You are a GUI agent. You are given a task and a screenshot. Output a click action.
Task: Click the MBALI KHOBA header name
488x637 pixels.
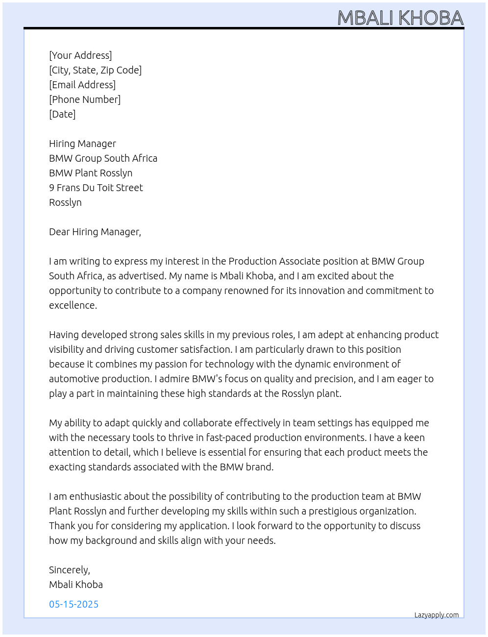point(400,18)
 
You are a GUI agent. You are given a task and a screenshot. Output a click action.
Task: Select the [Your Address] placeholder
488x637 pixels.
point(80,55)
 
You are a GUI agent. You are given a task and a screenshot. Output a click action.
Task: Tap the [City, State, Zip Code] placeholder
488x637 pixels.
point(95,70)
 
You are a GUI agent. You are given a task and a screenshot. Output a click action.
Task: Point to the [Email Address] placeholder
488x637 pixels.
point(82,85)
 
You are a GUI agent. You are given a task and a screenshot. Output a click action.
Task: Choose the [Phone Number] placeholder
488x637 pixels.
point(85,99)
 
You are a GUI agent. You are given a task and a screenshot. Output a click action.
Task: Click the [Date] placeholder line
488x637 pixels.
point(62,114)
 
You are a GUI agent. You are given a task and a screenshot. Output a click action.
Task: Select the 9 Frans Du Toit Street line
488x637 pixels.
point(96,188)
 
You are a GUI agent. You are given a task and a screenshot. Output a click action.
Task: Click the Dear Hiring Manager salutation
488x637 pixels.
point(95,232)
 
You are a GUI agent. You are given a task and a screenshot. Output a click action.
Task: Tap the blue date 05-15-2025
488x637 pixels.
point(73,604)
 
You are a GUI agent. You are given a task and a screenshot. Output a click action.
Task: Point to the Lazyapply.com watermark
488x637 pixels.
point(437,615)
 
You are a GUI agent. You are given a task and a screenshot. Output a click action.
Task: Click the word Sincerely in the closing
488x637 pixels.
point(69,570)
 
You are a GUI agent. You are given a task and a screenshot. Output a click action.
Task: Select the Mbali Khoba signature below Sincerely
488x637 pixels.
point(76,585)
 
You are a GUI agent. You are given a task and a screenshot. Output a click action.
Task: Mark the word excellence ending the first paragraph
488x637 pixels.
point(72,305)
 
